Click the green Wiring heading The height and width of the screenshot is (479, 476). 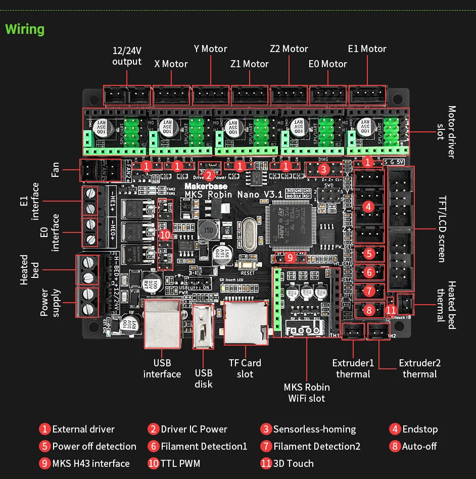pos(25,29)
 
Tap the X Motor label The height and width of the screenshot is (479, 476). pos(171,64)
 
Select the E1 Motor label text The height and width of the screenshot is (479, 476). pos(367,49)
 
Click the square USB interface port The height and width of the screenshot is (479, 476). pos(162,323)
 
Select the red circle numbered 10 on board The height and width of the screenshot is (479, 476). pos(165,235)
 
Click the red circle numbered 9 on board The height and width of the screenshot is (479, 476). pos(290,257)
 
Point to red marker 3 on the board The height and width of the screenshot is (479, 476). pos(323,169)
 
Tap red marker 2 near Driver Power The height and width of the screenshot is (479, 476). pos(208,176)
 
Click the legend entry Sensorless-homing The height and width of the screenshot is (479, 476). pos(308,429)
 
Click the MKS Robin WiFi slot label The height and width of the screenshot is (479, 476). pos(306,393)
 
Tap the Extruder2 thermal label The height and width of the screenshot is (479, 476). pos(419,369)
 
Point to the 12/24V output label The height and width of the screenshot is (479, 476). pos(127,56)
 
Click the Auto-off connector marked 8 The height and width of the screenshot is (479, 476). pos(369,310)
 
